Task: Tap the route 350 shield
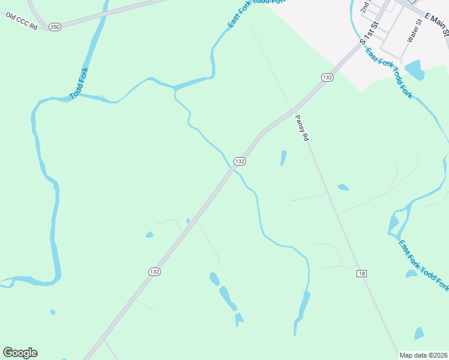point(55,28)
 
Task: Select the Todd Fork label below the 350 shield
point(78,83)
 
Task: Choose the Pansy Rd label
point(303,128)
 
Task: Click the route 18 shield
point(361,274)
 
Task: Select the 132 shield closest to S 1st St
point(327,77)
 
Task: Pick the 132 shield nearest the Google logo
point(155,272)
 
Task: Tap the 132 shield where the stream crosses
point(240,161)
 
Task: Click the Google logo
point(20,353)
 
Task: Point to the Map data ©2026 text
point(423,355)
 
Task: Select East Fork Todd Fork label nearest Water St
point(389,73)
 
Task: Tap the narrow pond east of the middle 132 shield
point(283,158)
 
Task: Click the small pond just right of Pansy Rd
point(343,187)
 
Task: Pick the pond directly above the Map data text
point(418,333)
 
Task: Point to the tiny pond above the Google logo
point(53,312)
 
